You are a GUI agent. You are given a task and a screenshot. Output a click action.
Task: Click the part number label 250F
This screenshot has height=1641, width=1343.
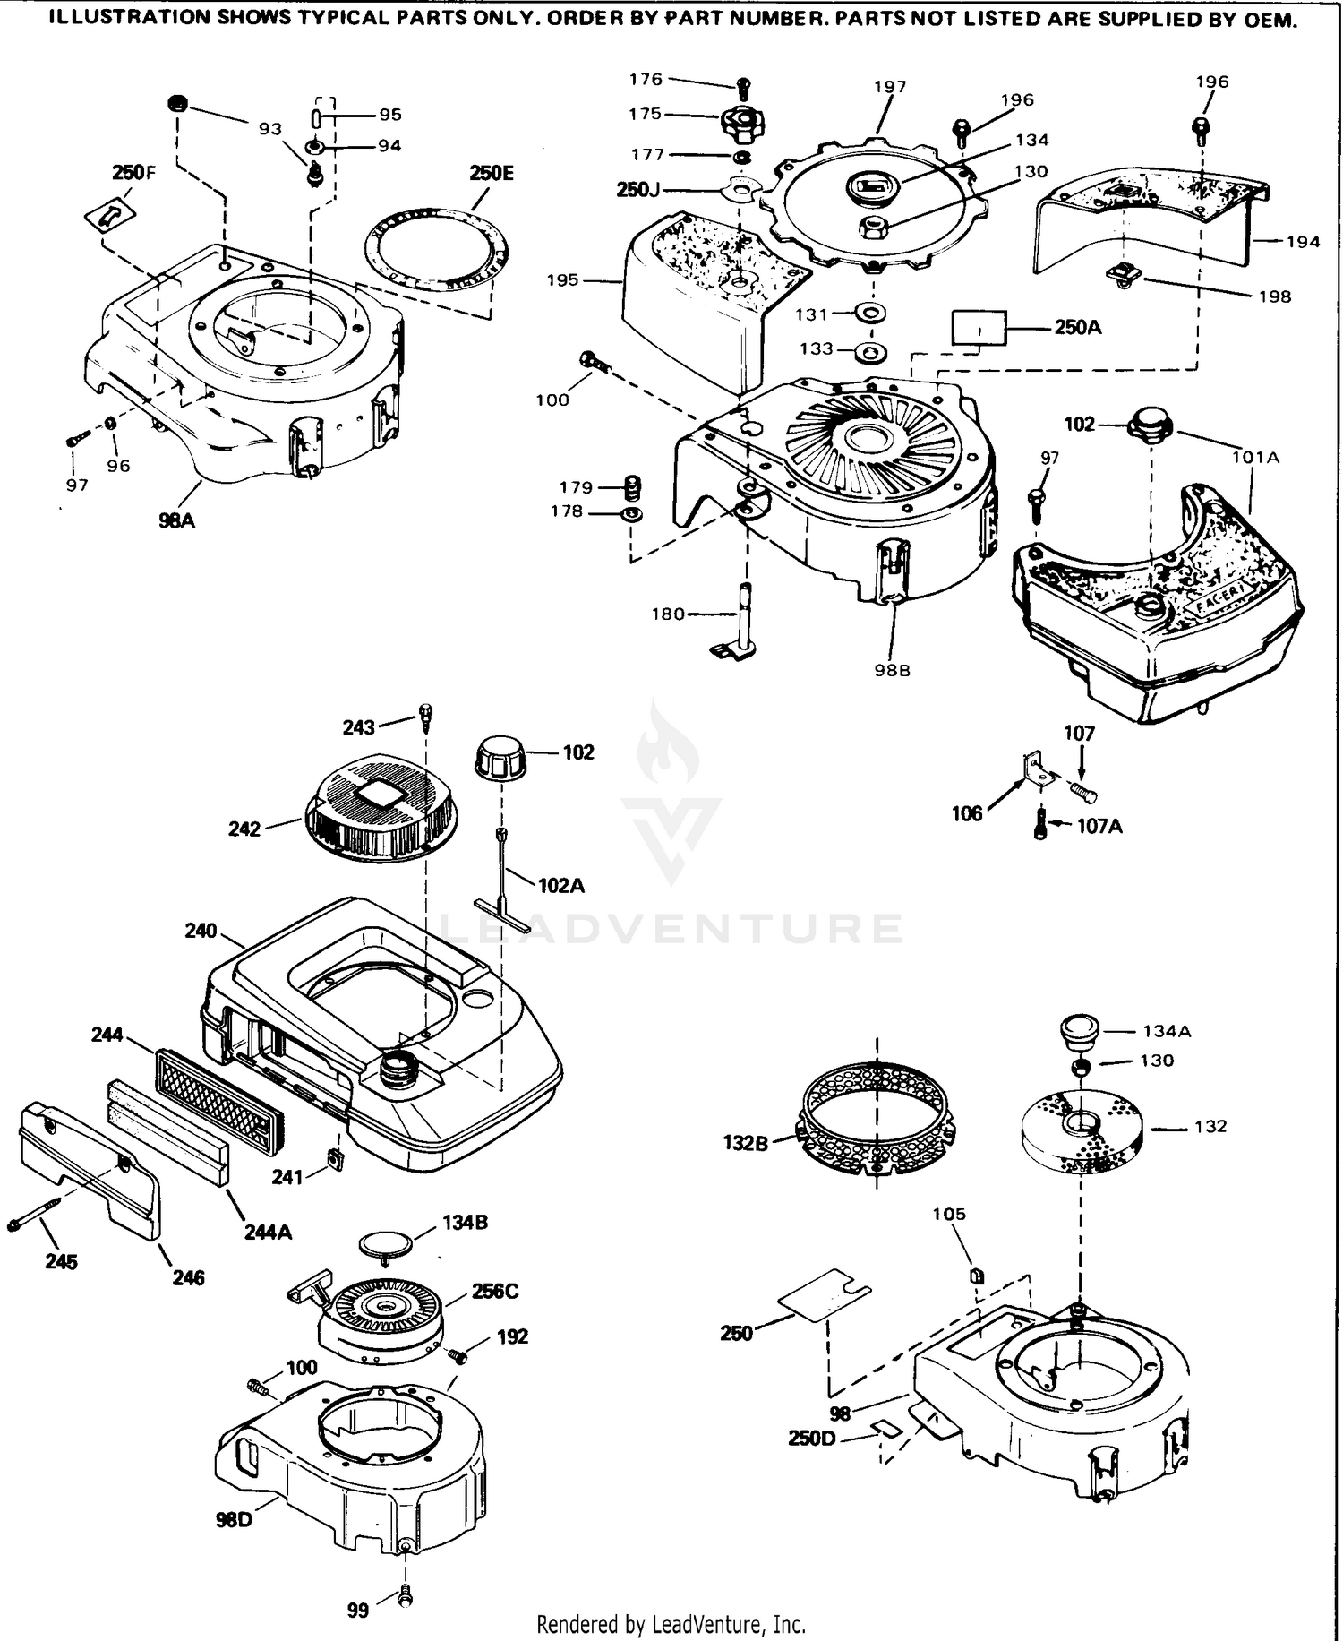click(x=133, y=172)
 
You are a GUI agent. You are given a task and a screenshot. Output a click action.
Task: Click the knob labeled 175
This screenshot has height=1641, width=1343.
click(x=742, y=123)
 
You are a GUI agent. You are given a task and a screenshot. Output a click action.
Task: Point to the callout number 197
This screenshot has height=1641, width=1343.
click(x=890, y=87)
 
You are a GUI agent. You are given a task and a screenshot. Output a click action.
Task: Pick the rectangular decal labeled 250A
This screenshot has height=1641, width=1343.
click(x=979, y=328)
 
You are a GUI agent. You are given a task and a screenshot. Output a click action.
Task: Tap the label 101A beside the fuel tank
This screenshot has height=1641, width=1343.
click(x=1255, y=458)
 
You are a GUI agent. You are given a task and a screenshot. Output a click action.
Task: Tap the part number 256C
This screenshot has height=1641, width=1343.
click(x=495, y=1292)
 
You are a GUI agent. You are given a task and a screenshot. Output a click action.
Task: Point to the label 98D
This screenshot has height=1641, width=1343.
click(x=234, y=1520)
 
